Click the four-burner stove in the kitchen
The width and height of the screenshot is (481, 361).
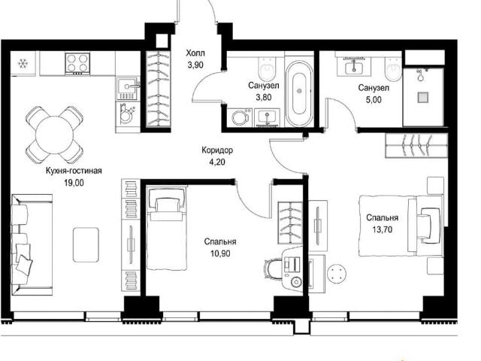tap(77, 63)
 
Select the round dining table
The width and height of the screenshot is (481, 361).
tap(55, 135)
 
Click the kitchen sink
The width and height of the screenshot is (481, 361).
tap(128, 89)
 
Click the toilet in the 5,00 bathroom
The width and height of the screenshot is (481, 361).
tap(392, 69)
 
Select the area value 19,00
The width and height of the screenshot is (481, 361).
tap(74, 183)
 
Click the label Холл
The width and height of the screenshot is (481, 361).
tap(195, 53)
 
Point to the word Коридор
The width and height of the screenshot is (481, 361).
tap(217, 150)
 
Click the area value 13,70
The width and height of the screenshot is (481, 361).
tap(383, 229)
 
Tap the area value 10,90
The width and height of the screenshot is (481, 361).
tap(220, 253)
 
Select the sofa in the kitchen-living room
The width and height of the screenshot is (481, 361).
tap(32, 244)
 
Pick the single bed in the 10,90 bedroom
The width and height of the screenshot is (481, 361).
tap(167, 229)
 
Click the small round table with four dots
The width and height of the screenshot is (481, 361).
tap(337, 272)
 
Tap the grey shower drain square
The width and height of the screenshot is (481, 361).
tap(423, 97)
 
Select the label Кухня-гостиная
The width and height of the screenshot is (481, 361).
tap(74, 171)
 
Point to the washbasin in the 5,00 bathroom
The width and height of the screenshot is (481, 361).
tap(354, 67)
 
